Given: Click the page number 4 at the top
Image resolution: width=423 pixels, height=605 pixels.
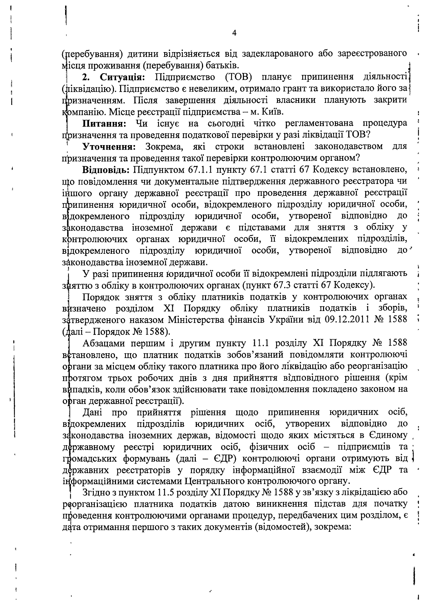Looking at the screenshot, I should (234, 33).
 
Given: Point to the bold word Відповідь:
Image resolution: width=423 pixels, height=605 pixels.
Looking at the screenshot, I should (106, 170).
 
